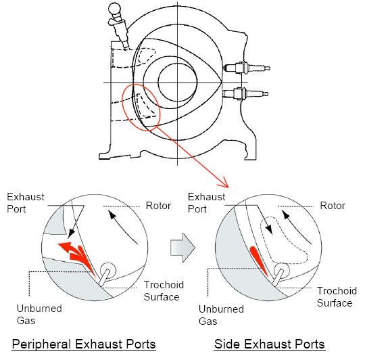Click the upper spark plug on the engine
[x=247, y=68]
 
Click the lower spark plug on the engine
[x=245, y=93]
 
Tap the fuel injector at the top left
[x=118, y=25]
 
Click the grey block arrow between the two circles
[x=182, y=248]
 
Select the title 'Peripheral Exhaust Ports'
[x=84, y=344]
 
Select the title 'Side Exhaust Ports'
[x=269, y=344]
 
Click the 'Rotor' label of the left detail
[x=158, y=206]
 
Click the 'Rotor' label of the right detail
[x=333, y=206]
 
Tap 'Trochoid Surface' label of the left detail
[x=164, y=291]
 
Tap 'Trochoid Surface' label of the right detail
[x=337, y=297]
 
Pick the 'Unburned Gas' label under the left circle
[x=39, y=315]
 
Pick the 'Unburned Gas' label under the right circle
[x=221, y=315]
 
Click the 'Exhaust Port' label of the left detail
[x=26, y=203]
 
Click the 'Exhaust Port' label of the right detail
[x=206, y=203]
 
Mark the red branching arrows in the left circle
[x=78, y=256]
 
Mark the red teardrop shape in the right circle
[x=258, y=260]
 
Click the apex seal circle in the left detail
[x=107, y=270]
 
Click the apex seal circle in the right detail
[x=282, y=271]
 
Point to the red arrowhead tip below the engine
[x=228, y=187]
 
